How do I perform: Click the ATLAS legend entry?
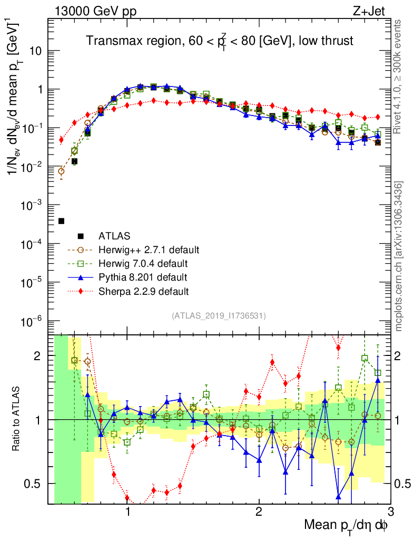pos(115,235)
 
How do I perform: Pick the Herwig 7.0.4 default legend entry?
pos(143,263)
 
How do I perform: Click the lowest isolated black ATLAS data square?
pos(62,221)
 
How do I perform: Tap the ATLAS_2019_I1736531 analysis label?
pos(219,316)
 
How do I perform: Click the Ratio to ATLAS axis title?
pos(17,419)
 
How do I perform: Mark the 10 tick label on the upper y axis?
pos(35,51)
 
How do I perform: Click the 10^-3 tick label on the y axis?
pos(33,205)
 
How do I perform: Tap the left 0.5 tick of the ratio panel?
pos(36,484)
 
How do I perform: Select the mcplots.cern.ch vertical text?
pos(399,256)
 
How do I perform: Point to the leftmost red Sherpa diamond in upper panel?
pos(61,140)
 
